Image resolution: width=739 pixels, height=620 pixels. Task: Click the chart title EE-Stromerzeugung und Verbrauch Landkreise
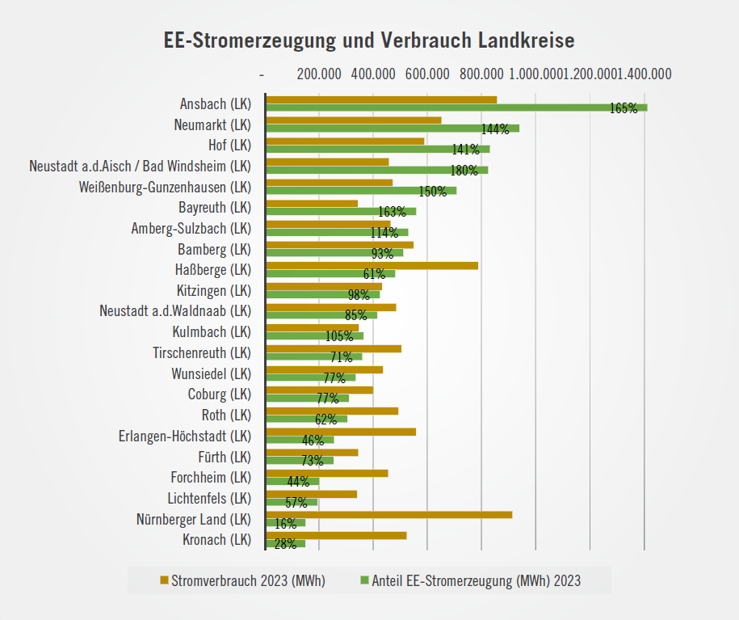[369, 41]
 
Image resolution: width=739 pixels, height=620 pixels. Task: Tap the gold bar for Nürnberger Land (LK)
[388, 514]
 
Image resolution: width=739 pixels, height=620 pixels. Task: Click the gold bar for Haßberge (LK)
[372, 265]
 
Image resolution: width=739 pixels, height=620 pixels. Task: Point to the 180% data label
[464, 171]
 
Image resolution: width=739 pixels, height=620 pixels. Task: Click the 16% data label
[285, 524]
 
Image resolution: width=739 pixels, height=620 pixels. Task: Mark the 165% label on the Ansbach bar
[624, 108]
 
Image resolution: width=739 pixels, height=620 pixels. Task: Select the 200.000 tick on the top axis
[319, 74]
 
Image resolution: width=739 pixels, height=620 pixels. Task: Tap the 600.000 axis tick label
[427, 74]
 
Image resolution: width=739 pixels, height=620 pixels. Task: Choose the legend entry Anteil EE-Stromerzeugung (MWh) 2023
[476, 580]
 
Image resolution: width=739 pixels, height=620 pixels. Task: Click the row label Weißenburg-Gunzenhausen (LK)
[166, 187]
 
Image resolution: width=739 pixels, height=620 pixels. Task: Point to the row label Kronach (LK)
[215, 539]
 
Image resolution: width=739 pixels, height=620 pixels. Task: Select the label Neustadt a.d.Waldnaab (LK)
[175, 310]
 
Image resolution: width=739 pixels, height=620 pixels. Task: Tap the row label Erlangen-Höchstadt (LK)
[185, 436]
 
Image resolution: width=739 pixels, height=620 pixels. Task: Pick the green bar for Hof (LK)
[377, 149]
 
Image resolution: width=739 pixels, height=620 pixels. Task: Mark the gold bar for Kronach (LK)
[336, 535]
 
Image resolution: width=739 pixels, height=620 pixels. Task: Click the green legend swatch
[363, 580]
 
